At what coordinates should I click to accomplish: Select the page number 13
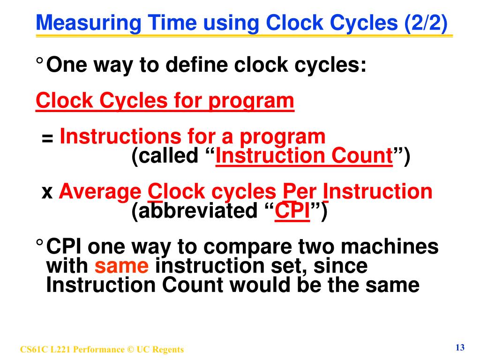[x=459, y=347]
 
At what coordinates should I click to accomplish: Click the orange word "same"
[x=121, y=266]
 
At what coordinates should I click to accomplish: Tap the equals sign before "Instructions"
[x=47, y=138]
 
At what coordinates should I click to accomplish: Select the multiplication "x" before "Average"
[x=47, y=192]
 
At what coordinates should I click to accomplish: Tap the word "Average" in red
[x=99, y=192]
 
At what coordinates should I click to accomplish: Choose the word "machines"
[x=392, y=247]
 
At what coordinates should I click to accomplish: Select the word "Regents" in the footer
[x=168, y=350]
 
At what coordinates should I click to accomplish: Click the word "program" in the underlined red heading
[x=251, y=100]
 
